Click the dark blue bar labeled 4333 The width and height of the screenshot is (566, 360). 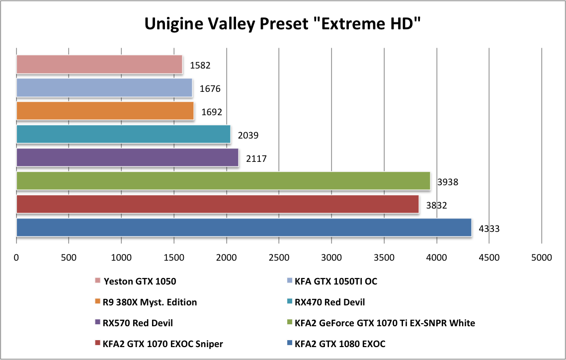coord(243,227)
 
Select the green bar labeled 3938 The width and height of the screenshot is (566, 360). coord(223,181)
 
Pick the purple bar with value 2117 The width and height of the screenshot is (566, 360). coord(127,157)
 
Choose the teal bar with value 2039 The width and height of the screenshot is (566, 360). coord(123,134)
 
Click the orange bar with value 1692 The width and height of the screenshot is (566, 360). coord(105,111)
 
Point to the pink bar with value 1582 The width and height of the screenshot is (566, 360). coord(99,65)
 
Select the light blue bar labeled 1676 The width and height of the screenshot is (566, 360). coord(104,88)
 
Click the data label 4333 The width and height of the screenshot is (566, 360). coord(489,229)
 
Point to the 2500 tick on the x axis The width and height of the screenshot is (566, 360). coord(279,258)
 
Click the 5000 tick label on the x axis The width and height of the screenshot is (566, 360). coord(541,258)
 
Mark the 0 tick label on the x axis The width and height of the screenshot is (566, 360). coord(16,258)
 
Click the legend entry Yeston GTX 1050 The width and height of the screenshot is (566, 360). coord(140,282)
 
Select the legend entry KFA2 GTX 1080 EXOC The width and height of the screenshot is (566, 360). coord(340,344)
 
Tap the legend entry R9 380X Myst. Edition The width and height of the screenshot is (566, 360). coord(149,302)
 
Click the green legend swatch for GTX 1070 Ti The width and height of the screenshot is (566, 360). coord(289,323)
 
